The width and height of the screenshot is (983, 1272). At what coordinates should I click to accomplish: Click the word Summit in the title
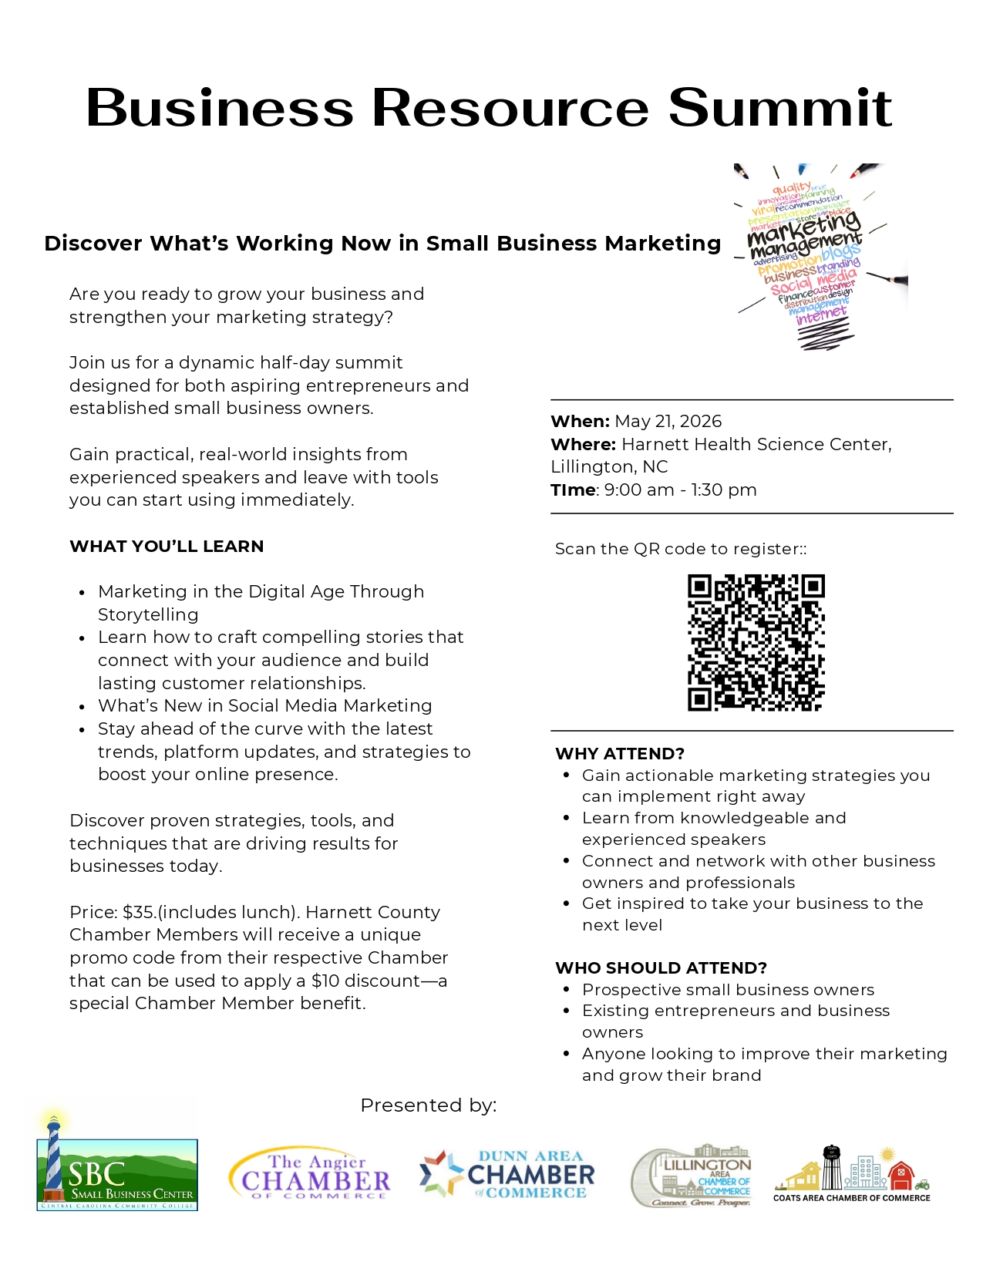[779, 108]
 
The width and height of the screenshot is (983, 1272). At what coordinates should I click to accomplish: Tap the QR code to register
[756, 642]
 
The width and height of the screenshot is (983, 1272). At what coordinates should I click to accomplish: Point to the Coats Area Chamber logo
[852, 1174]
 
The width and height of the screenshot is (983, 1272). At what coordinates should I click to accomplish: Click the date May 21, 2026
[668, 421]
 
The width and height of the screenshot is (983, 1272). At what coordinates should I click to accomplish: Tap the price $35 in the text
[138, 912]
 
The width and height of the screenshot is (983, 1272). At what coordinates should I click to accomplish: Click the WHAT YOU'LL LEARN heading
[167, 547]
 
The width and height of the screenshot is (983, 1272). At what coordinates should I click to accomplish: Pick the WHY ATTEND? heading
[620, 754]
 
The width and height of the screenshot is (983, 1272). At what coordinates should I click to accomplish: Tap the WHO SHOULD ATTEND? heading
[661, 968]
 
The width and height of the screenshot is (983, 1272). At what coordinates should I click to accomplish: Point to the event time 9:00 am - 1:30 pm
[680, 490]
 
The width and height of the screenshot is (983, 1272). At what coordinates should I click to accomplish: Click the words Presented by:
[429, 1105]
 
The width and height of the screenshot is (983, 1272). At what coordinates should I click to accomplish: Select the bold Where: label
[583, 444]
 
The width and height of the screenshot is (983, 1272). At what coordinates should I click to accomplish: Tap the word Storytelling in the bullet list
[148, 614]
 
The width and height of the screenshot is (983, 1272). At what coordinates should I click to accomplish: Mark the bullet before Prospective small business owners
[567, 989]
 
